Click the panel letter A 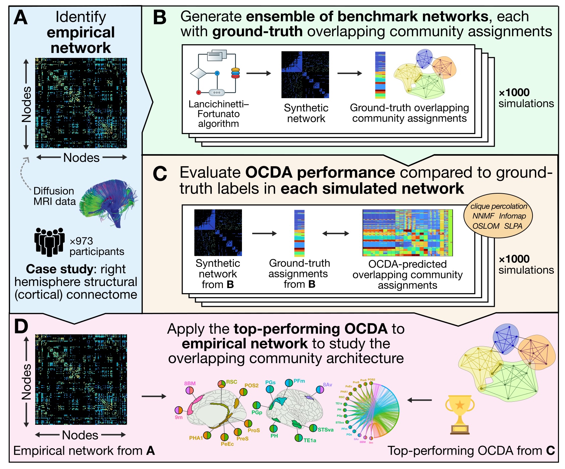coord(20,18)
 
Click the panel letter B coord(159,18)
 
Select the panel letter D coord(21,326)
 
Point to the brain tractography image coord(109,203)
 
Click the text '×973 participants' coord(92,246)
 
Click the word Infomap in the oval coord(512,216)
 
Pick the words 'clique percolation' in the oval coord(499,206)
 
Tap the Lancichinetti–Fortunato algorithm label coord(218,114)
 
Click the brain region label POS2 coord(251,386)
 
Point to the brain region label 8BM coord(190,384)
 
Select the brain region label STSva coord(325,429)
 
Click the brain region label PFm coord(299,381)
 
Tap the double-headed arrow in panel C coord(335,233)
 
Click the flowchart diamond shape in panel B coord(198,73)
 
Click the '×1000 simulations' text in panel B coord(526,98)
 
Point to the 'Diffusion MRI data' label coord(54,196)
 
